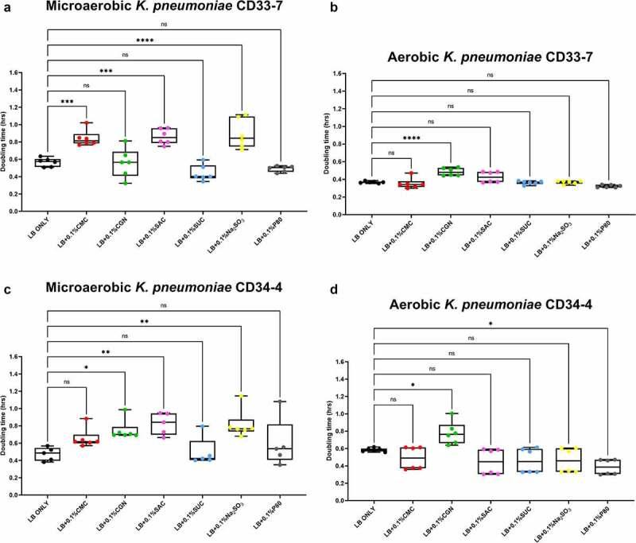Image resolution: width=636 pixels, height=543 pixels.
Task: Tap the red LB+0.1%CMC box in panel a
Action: (82, 139)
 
